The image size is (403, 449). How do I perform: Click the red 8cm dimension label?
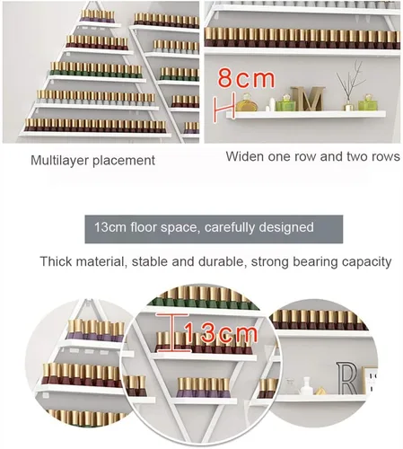click(x=246, y=78)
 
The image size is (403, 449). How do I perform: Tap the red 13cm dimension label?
click(x=221, y=332)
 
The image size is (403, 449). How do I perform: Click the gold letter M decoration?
click(x=308, y=99)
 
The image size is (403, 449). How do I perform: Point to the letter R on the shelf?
click(x=346, y=378)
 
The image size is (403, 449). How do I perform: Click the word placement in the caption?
click(x=124, y=161)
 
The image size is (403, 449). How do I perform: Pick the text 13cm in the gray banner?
click(x=110, y=227)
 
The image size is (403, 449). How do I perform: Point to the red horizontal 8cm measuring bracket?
click(x=223, y=107)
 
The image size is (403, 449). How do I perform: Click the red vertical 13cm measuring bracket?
click(x=172, y=332)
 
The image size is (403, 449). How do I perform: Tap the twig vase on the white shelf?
click(x=349, y=86)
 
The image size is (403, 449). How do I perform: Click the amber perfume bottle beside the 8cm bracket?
click(x=247, y=103)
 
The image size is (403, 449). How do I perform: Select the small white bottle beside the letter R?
click(x=307, y=385)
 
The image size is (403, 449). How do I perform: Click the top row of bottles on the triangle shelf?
click(x=98, y=16)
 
